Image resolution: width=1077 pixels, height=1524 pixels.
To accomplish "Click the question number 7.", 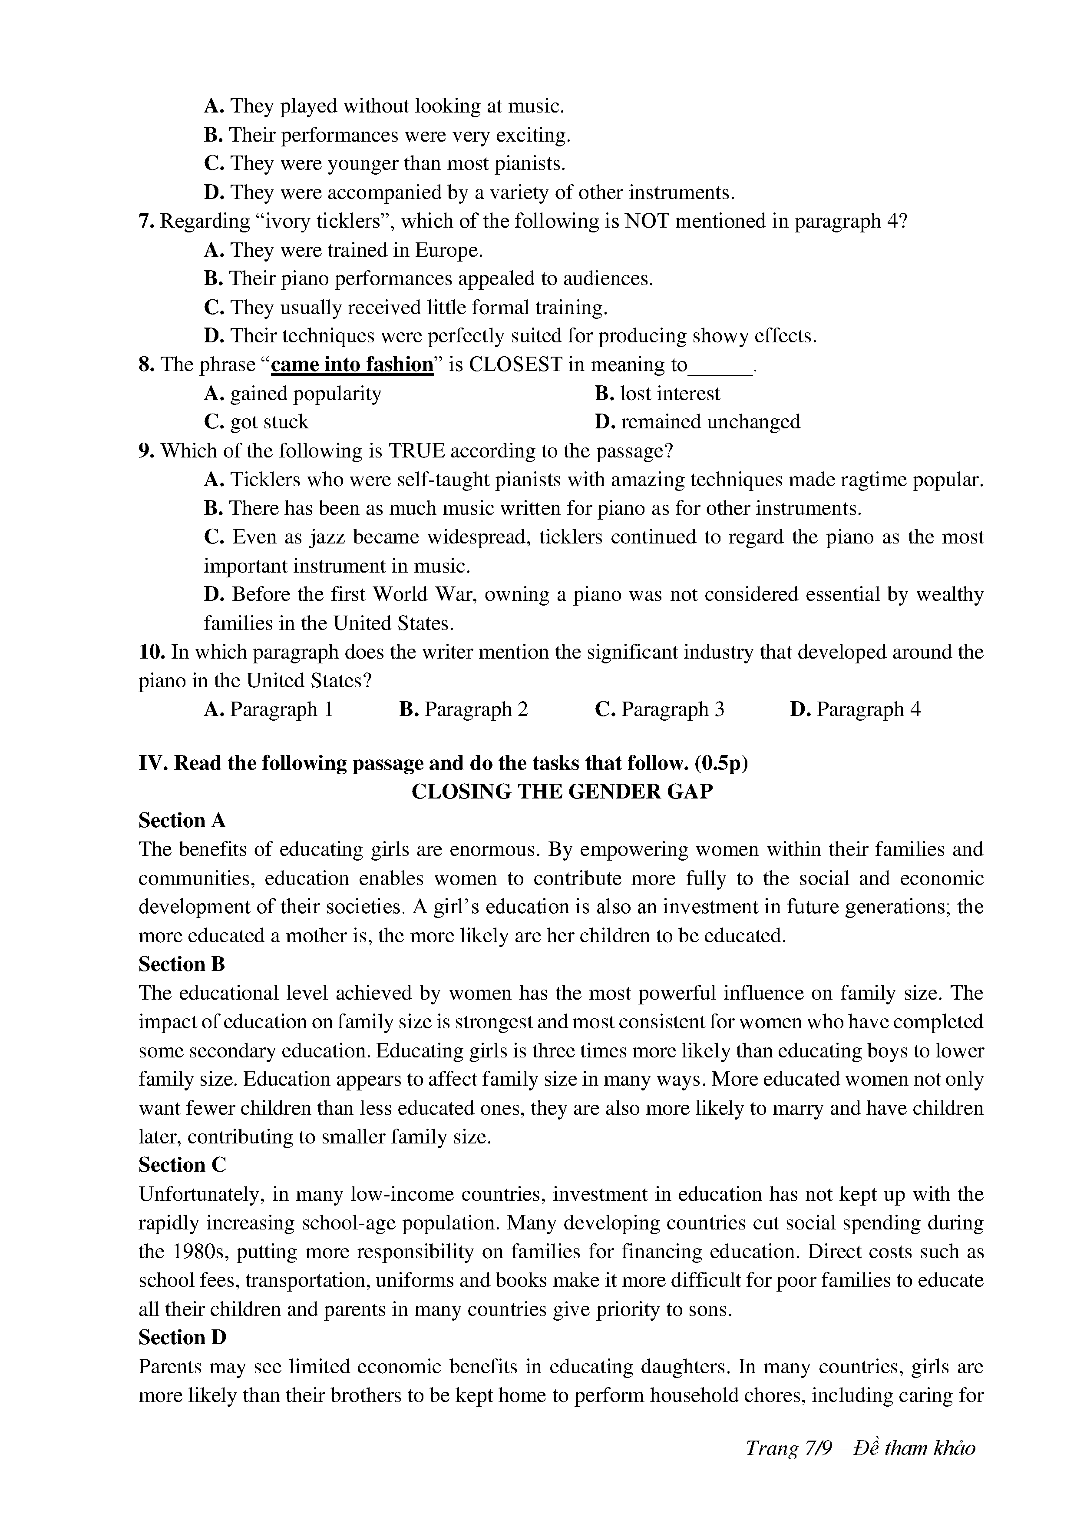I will [x=146, y=221].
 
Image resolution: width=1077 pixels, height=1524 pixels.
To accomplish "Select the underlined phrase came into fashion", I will [x=352, y=364].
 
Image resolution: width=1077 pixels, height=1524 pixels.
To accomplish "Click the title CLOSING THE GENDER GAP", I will [x=562, y=792].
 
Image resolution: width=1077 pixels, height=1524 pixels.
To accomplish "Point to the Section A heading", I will [x=182, y=821].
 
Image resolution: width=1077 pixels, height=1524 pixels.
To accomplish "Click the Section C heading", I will [x=182, y=1165].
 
